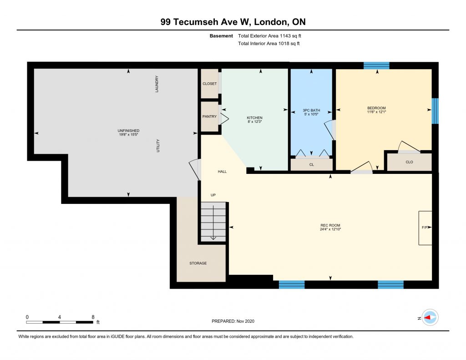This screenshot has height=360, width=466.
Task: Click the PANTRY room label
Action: [209, 117]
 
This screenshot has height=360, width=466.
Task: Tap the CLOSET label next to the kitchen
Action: [209, 84]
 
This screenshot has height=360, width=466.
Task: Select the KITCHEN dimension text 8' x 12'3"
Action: [255, 122]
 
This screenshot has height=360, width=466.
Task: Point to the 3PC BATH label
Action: [311, 110]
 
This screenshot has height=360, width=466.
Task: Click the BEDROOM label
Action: [376, 108]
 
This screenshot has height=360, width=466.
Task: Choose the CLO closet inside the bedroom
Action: [409, 162]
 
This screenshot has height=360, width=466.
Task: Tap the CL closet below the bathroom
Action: [311, 165]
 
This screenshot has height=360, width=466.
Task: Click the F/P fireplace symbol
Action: [425, 228]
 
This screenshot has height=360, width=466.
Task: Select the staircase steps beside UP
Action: [213, 222]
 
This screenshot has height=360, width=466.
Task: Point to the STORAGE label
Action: [198, 263]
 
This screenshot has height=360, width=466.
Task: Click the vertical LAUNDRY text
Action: [157, 84]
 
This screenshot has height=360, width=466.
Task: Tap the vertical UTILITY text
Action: [158, 146]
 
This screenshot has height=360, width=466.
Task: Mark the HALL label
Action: [222, 172]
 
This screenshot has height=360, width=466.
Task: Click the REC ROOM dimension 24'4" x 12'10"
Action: [330, 229]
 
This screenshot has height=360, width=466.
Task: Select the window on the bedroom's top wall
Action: [376, 66]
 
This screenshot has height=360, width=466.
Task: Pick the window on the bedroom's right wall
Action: [435, 111]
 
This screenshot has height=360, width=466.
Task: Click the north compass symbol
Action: [430, 318]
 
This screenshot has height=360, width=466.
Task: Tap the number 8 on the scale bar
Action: [93, 317]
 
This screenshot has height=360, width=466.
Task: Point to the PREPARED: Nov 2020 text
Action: [233, 321]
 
